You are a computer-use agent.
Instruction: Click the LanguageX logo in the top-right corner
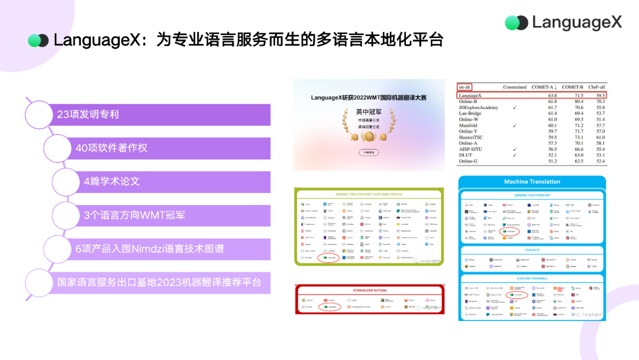pyautogui.click(x=563, y=22)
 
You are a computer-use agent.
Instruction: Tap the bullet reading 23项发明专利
pyautogui.click(x=88, y=114)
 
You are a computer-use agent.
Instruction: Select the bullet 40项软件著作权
pyautogui.click(x=111, y=148)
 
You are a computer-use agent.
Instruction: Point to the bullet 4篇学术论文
pyautogui.click(x=112, y=181)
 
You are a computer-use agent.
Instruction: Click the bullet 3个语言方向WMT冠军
pyautogui.click(x=134, y=215)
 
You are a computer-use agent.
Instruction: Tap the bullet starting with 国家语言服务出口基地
pyautogui.click(x=159, y=282)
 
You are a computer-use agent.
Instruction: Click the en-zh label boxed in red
pyautogui.click(x=464, y=87)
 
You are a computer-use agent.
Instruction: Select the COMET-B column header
pyautogui.click(x=572, y=87)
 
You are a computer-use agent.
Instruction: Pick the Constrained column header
pyautogui.click(x=514, y=87)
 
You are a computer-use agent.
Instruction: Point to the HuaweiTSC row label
pyautogui.click(x=471, y=137)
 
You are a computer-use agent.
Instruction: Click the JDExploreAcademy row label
pyautogui.click(x=479, y=107)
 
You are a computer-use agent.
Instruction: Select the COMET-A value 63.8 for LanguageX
pyautogui.click(x=552, y=95)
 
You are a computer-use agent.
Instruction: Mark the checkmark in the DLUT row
pyautogui.click(x=515, y=155)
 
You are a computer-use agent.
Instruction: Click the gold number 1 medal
pyautogui.click(x=369, y=136)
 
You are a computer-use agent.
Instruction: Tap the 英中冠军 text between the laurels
pyautogui.click(x=369, y=111)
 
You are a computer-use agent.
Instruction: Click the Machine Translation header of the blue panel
pyautogui.click(x=532, y=182)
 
